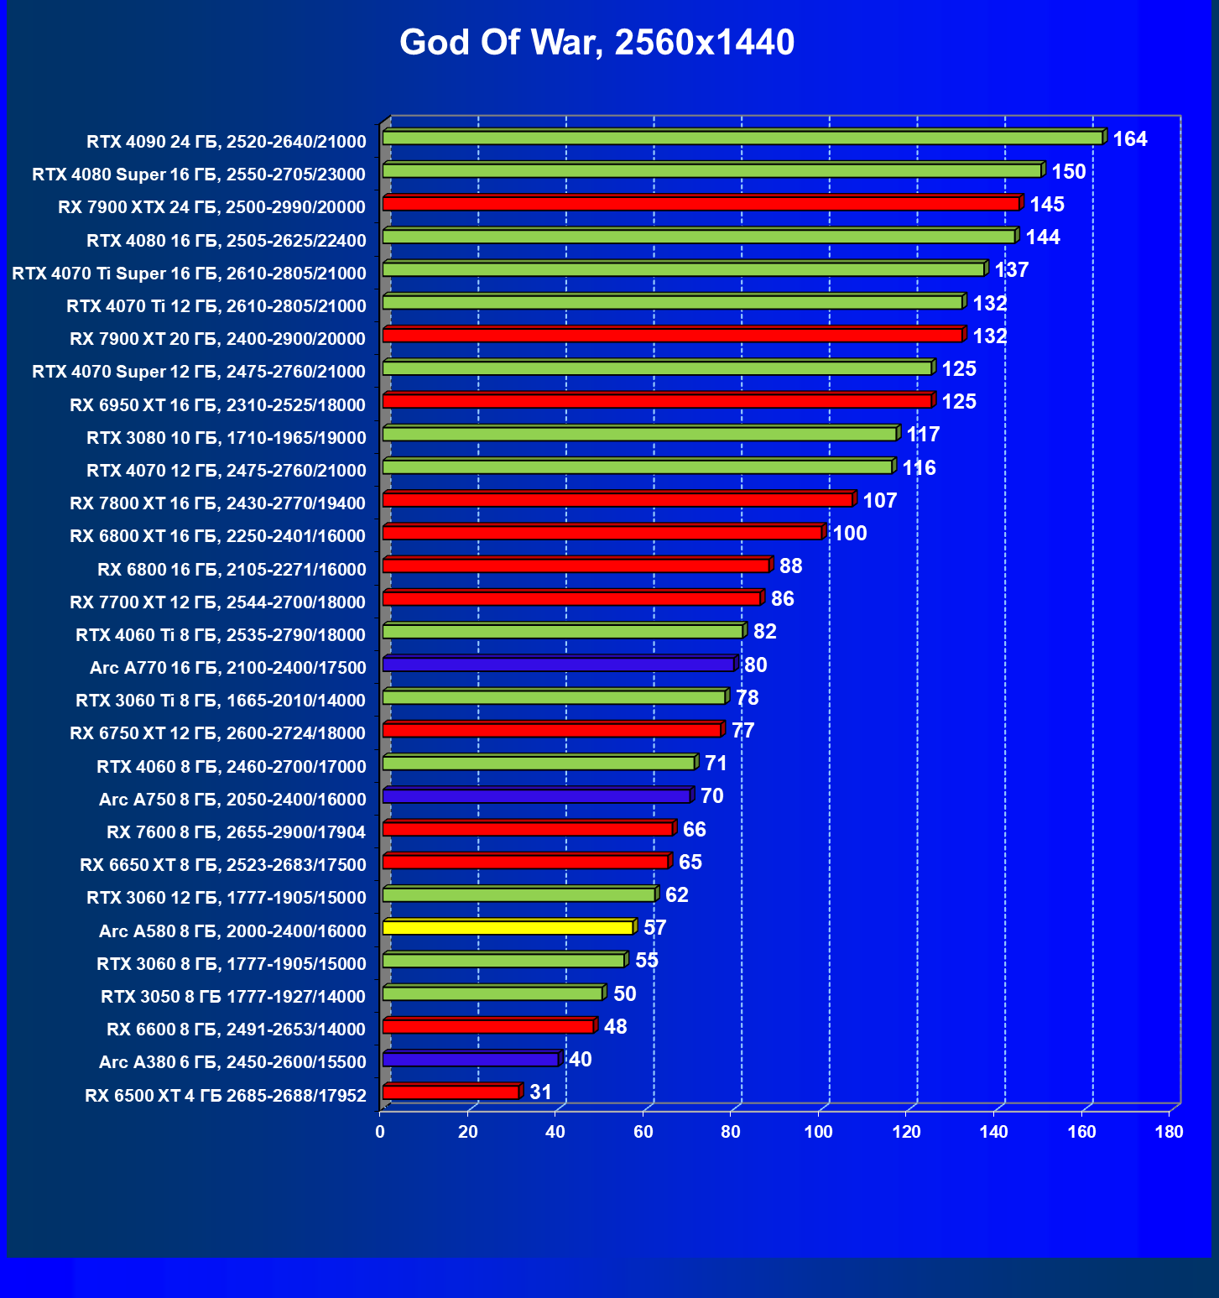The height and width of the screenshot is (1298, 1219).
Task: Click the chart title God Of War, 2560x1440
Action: coord(596,43)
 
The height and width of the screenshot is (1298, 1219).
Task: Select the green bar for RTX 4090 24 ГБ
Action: coord(742,138)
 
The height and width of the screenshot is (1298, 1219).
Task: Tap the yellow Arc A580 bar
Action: coord(508,927)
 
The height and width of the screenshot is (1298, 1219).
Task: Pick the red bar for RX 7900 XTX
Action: coord(701,203)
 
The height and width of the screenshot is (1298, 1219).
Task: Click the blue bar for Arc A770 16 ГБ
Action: coord(558,665)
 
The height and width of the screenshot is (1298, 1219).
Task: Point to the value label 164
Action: coord(1129,139)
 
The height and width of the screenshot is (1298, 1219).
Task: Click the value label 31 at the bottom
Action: coord(540,1092)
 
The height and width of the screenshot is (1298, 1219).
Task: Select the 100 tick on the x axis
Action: coord(818,1132)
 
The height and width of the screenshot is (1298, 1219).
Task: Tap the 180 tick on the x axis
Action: coord(1169,1132)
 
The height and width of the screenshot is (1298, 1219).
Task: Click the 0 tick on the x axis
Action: coord(380,1132)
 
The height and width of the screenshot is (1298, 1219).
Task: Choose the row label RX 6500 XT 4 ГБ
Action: coord(226,1096)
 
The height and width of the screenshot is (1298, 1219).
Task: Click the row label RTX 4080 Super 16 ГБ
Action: coord(199,175)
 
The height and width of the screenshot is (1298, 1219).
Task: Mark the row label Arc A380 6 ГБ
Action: coord(232,1062)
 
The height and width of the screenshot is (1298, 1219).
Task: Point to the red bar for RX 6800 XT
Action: coord(602,533)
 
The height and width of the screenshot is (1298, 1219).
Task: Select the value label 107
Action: coord(879,501)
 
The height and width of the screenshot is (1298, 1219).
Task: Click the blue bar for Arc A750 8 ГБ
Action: coord(536,795)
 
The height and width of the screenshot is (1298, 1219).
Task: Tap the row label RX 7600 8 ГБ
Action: coord(236,832)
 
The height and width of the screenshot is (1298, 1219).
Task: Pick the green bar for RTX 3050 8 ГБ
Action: coord(492,993)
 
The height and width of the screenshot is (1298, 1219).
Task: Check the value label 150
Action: coord(1068,172)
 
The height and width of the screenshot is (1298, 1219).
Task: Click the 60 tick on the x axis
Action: coord(643,1132)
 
